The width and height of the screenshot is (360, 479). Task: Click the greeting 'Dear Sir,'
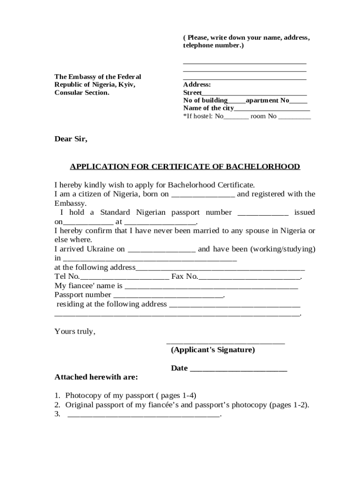point(71,139)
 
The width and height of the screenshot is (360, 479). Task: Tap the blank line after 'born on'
point(203,195)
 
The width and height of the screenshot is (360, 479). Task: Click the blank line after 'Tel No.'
point(125,277)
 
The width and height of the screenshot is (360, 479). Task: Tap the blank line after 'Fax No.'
point(249,277)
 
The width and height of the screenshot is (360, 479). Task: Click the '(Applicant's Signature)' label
point(213,350)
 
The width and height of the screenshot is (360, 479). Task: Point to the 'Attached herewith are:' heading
point(96,377)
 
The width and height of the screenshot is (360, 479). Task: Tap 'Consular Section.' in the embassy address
point(82,93)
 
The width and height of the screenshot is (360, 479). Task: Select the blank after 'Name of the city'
point(272,109)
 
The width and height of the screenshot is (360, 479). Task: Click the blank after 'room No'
point(295,117)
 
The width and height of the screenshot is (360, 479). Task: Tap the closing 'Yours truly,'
point(75,332)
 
